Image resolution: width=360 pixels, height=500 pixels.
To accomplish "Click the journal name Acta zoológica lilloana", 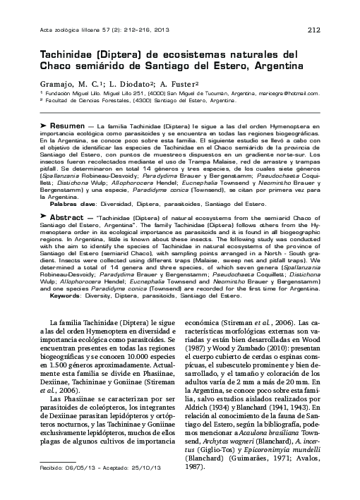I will pos(73,29).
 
